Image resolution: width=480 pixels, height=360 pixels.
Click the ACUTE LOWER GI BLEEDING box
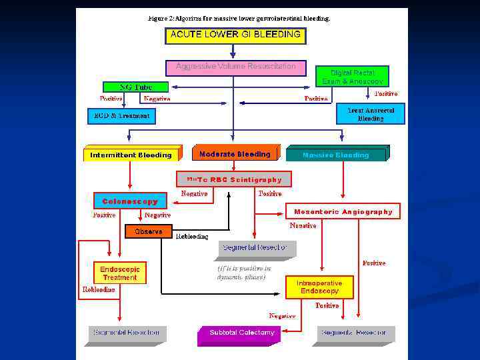[x=235, y=35]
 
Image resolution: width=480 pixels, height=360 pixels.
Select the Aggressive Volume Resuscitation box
[x=235, y=67]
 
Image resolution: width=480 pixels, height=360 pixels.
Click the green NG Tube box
[x=135, y=87]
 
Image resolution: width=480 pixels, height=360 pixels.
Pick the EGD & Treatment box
[x=121, y=116]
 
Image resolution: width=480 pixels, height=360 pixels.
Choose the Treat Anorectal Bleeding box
[x=371, y=114]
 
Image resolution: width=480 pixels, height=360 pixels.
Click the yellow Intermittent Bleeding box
[x=131, y=155]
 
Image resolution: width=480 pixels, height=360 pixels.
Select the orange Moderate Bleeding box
[x=235, y=154]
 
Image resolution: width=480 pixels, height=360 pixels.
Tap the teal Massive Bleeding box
[x=335, y=155]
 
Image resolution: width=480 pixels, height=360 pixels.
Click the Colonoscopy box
[x=130, y=201]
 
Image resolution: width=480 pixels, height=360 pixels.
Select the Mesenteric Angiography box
[x=343, y=211]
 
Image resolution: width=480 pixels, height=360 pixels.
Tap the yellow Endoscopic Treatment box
[x=120, y=273]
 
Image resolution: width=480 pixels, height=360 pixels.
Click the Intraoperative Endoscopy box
[x=320, y=287]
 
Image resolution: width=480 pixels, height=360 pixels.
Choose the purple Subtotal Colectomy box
[x=241, y=332]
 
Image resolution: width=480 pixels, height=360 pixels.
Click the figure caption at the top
[x=239, y=18]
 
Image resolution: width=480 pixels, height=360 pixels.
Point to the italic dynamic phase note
[x=243, y=273]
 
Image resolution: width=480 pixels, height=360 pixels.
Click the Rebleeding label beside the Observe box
[x=192, y=236]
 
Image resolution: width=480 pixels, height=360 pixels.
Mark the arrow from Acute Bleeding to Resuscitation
[x=233, y=52]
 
